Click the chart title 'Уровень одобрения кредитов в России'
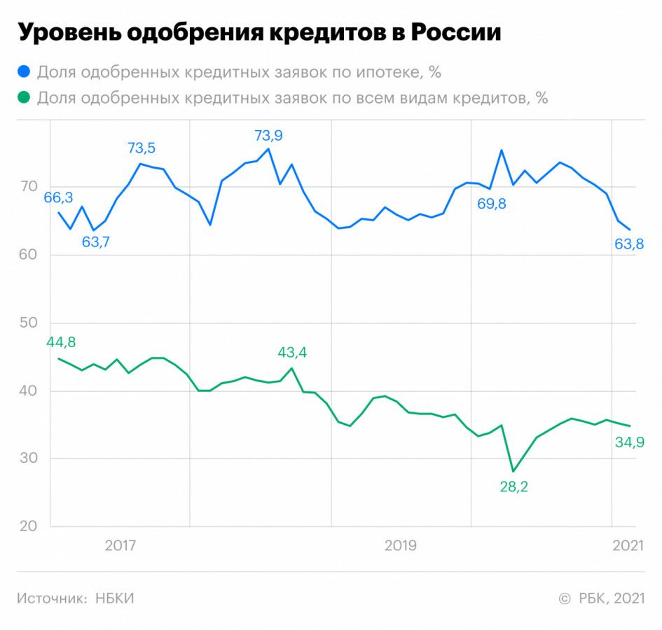pos(258,33)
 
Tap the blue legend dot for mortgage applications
pos(25,71)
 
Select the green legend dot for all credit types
pos(25,98)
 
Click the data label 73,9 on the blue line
pos(268,136)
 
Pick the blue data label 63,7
pos(96,243)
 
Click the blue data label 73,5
pos(142,148)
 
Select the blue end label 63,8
pos(629,244)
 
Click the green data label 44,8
pos(61,342)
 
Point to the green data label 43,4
pos(292,352)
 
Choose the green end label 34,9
pos(629,442)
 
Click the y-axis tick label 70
pos(27,187)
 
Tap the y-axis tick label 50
pos(27,323)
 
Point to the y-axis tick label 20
pos(27,527)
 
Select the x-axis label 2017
pos(120,545)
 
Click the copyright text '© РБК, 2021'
pos(602,598)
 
